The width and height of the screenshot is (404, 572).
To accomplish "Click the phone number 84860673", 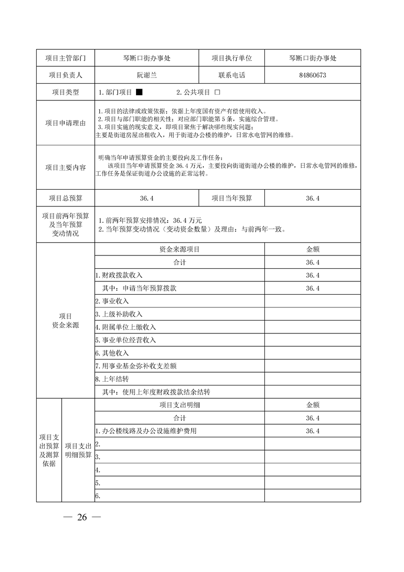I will [313, 75].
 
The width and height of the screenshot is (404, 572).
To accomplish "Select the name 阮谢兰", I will [147, 75].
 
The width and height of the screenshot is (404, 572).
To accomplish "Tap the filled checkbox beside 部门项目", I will [139, 93].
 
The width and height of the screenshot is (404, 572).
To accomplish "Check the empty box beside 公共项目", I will [217, 93].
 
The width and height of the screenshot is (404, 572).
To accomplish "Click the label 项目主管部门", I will [66, 58].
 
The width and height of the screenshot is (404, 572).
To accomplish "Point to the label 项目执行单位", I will [232, 58].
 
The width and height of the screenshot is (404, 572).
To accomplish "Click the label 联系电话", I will [232, 75].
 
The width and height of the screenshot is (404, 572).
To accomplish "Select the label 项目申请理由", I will [66, 123].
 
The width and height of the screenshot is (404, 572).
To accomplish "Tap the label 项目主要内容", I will [66, 167].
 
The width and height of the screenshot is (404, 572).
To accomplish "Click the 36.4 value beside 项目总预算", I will [147, 198].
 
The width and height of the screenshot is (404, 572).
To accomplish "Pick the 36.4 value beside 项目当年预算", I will [313, 198].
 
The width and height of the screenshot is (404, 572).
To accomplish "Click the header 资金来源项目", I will [179, 250].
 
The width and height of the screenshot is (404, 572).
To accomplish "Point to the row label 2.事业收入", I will [108, 301].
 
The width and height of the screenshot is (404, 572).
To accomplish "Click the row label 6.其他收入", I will [112, 353].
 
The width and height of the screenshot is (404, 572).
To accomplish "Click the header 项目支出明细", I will [179, 405].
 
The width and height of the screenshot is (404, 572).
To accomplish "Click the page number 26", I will [82, 517].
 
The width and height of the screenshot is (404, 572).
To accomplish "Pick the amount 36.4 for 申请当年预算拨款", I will [313, 289].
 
